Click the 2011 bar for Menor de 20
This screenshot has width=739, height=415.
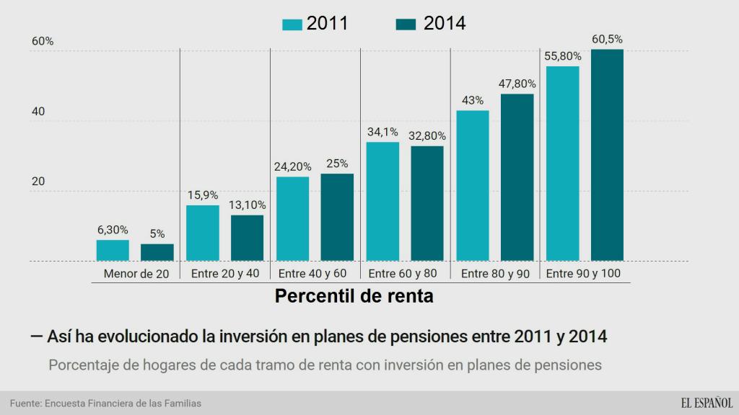click(113, 250)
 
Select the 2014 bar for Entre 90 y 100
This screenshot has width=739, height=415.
click(607, 155)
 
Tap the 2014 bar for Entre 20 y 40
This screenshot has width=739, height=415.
click(247, 238)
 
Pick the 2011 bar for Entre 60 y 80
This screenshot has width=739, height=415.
click(382, 201)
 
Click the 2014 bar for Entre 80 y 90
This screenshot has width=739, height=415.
click(517, 177)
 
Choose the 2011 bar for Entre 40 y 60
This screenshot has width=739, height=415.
click(292, 218)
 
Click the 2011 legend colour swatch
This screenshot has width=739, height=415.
click(292, 24)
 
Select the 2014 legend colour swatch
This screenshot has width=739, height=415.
click(408, 24)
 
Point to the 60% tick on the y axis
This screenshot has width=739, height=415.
click(43, 42)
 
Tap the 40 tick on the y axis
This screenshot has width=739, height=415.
click(38, 112)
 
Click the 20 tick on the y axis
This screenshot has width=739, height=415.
click(38, 182)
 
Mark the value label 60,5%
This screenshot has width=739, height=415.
click(607, 39)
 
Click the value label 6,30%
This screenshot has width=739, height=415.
click(113, 230)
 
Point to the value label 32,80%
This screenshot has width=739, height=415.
click(427, 135)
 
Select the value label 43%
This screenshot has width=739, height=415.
click(472, 100)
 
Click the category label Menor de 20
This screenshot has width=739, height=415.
click(136, 274)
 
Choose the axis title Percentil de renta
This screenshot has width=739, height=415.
click(354, 296)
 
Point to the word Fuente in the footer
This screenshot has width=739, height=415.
click(25, 403)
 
